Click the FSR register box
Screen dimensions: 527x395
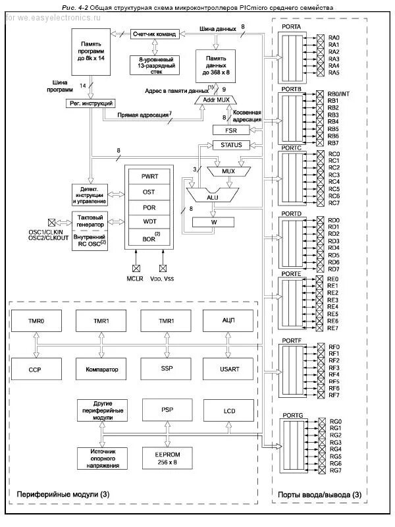pyautogui.click(x=231, y=130)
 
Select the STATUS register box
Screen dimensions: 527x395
pyautogui.click(x=231, y=145)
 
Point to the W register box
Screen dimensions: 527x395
pyautogui.click(x=213, y=222)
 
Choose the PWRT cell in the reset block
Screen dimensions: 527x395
pyautogui.click(x=149, y=177)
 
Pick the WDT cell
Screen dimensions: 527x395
pyautogui.click(x=149, y=220)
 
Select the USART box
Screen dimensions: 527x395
pyautogui.click(x=230, y=370)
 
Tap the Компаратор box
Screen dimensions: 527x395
pyautogui.click(x=101, y=370)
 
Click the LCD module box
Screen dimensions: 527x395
pyautogui.click(x=230, y=410)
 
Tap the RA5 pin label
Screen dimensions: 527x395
pyautogui.click(x=334, y=72)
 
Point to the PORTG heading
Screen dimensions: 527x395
pyautogui.click(x=292, y=414)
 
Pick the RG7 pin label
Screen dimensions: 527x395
pyautogui.click(x=336, y=470)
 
